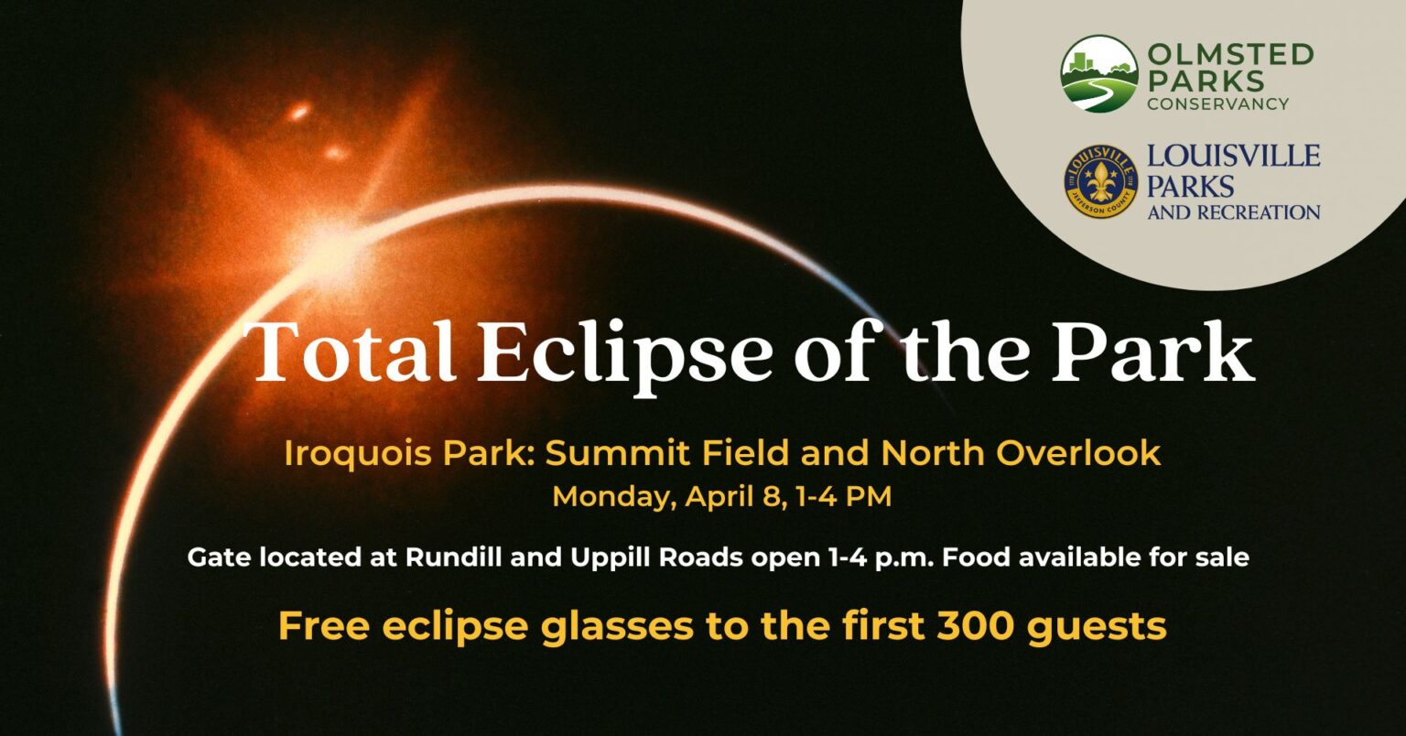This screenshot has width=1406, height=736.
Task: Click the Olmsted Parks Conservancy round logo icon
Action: (1098, 74)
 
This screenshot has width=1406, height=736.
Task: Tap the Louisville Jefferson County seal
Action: (1100, 181)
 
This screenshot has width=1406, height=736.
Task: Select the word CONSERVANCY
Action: (1218, 103)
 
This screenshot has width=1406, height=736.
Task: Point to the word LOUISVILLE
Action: (1233, 156)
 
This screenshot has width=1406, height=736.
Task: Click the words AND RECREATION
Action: (1233, 212)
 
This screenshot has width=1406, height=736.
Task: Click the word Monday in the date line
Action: (598, 497)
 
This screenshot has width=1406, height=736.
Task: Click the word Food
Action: (975, 557)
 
